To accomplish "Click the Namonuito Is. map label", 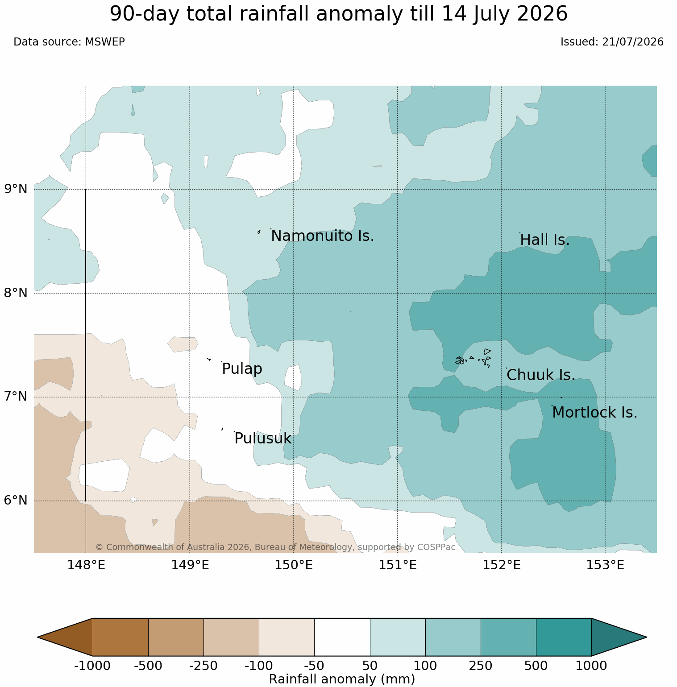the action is pyautogui.click(x=323, y=236).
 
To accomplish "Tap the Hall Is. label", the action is pyautogui.click(x=545, y=240).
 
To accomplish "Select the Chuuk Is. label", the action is pyautogui.click(x=541, y=375).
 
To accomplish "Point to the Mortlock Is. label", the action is pyautogui.click(x=594, y=413).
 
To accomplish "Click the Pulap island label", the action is pyautogui.click(x=242, y=369).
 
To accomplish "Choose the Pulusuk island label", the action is pyautogui.click(x=263, y=439).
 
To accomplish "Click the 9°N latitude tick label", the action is pyautogui.click(x=16, y=189).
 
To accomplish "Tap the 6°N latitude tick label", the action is pyautogui.click(x=16, y=501).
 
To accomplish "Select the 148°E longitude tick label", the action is pyautogui.click(x=86, y=565).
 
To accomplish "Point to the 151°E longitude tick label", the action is pyautogui.click(x=398, y=565).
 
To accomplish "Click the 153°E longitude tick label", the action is pyautogui.click(x=605, y=565).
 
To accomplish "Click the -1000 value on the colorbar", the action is pyautogui.click(x=92, y=666).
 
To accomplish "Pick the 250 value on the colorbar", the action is pyautogui.click(x=480, y=666).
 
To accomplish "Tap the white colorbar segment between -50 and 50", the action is pyautogui.click(x=342, y=637).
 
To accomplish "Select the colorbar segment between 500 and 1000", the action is pyautogui.click(x=564, y=637).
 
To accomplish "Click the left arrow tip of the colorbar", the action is pyautogui.click(x=38, y=637).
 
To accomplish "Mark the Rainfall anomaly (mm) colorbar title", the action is pyautogui.click(x=342, y=679).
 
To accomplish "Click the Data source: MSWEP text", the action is pyautogui.click(x=69, y=42).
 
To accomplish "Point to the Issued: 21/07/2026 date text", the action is pyautogui.click(x=612, y=42).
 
